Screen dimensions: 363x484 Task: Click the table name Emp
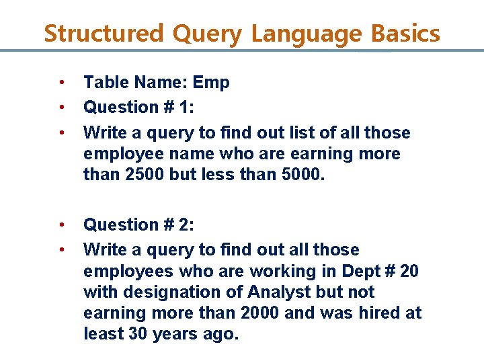point(211,83)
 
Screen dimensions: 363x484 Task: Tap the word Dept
point(355,272)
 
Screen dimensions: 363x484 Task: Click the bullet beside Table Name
point(61,83)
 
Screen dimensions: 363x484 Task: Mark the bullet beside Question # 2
point(61,225)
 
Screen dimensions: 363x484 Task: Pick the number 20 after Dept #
point(408,272)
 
